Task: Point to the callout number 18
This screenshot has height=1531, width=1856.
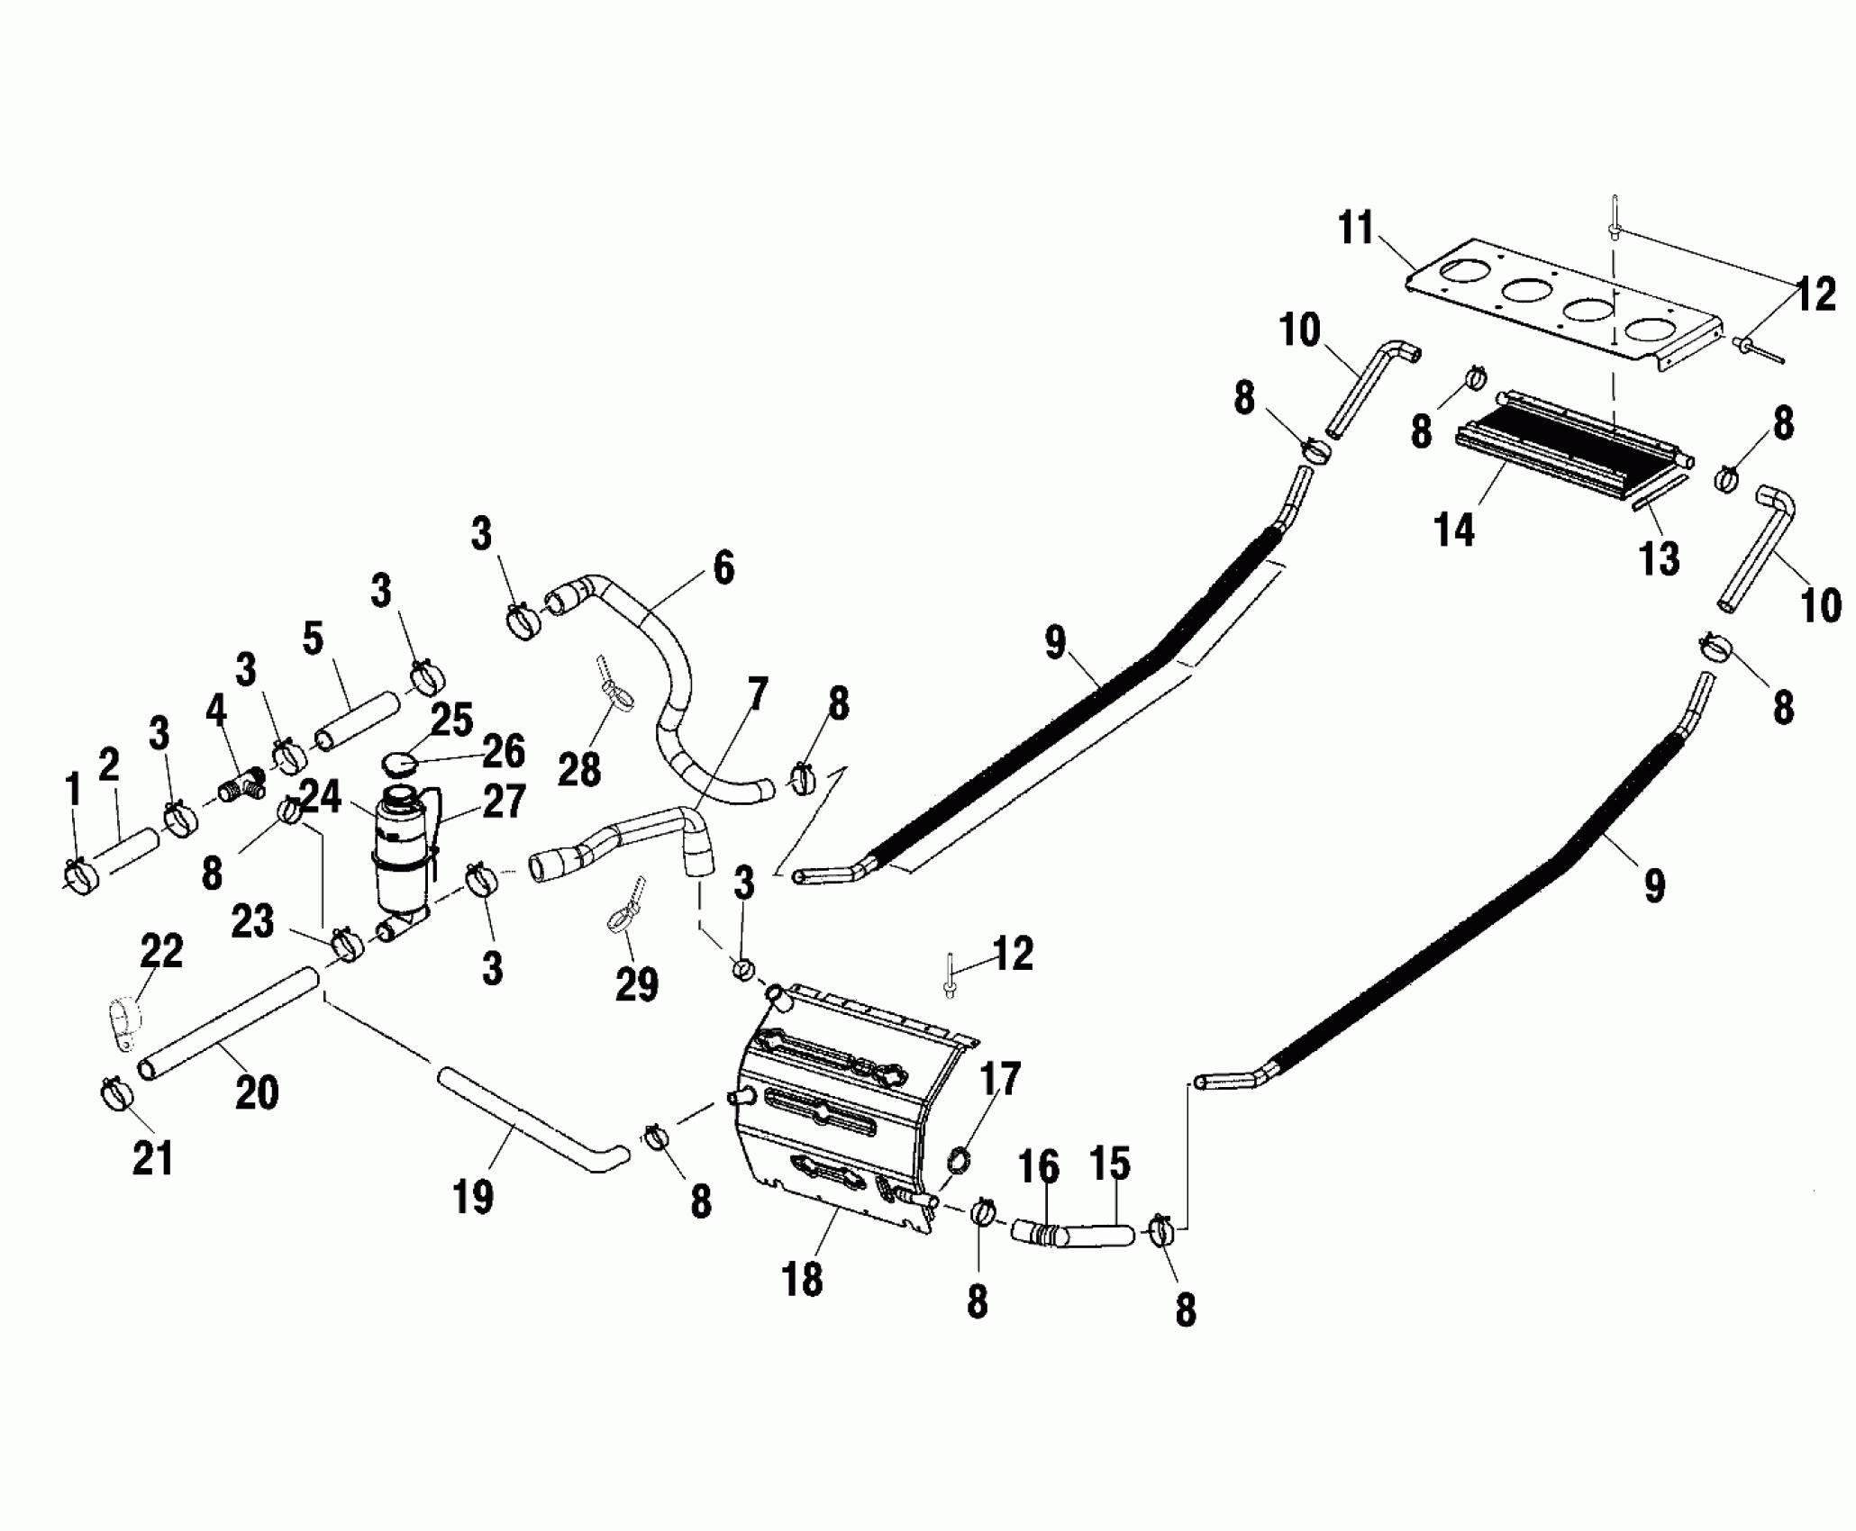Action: coord(803,1279)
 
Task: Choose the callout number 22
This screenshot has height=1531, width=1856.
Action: coord(162,951)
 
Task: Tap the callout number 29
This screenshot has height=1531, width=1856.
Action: coord(636,984)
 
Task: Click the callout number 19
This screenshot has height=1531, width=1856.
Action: coord(474,1197)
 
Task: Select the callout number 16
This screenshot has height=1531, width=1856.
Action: coord(1039,1167)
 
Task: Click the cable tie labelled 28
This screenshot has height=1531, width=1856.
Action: coord(613,687)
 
